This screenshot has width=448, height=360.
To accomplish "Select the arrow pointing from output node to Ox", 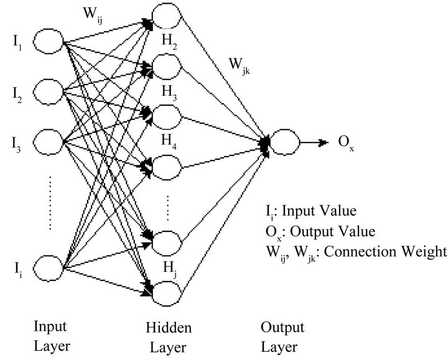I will point(315,142).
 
